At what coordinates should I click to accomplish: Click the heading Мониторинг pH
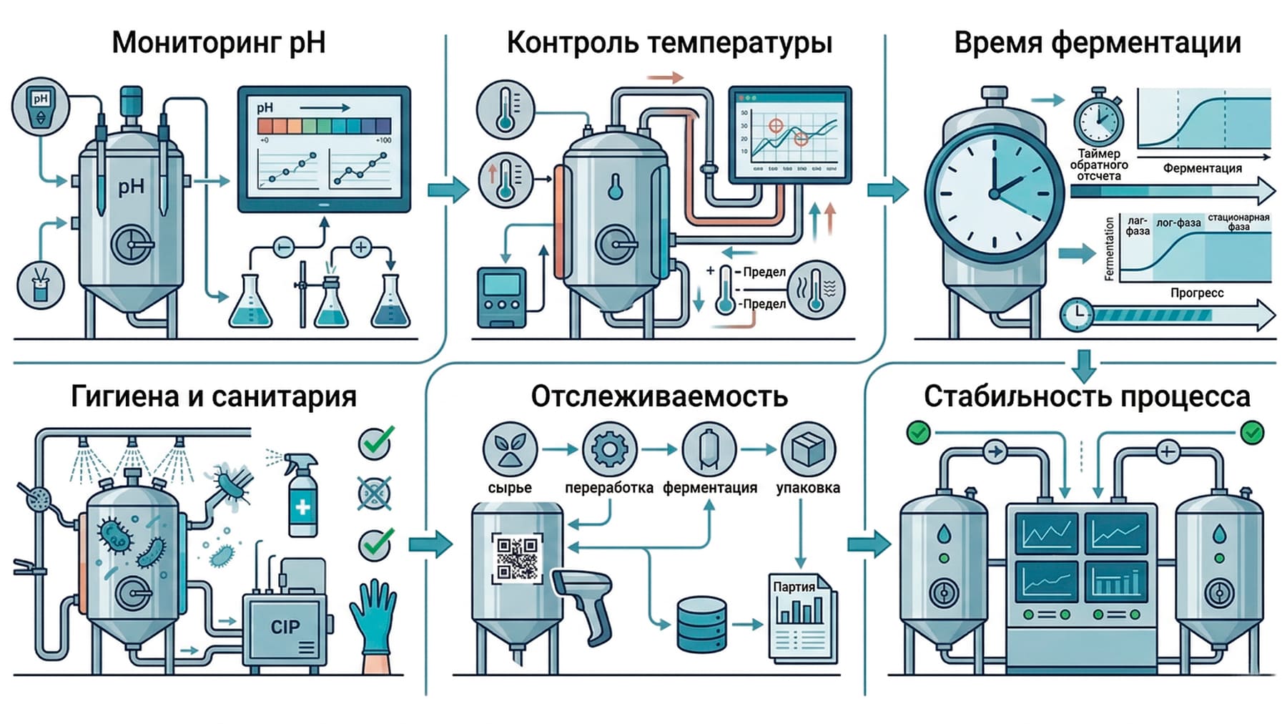(219, 43)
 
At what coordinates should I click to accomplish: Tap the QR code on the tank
(517, 559)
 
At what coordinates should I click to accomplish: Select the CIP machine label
(285, 627)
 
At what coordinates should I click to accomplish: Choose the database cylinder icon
(701, 625)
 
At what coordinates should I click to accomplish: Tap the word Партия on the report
(794, 587)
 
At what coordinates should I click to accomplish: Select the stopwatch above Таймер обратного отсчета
(1098, 118)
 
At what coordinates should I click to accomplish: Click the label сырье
(509, 488)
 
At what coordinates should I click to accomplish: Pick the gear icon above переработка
(609, 449)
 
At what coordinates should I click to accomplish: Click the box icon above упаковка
(808, 449)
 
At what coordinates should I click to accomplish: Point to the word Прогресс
(1196, 293)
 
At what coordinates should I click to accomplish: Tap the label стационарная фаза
(1238, 222)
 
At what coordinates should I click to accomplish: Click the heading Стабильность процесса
(1087, 396)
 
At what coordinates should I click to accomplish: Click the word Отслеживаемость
(659, 396)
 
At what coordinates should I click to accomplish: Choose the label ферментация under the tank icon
(709, 488)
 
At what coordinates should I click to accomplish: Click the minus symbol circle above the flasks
(284, 248)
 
